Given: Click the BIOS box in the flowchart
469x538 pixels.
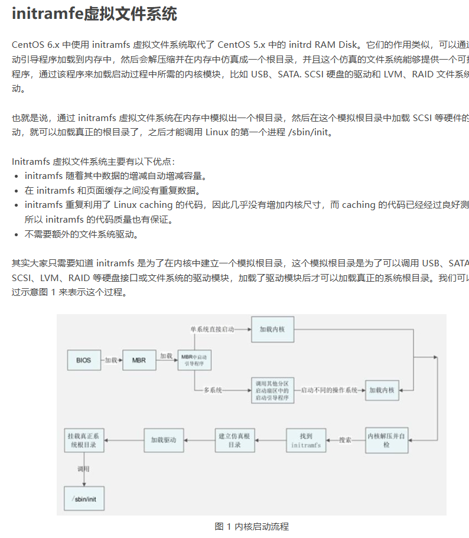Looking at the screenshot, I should click(x=84, y=360).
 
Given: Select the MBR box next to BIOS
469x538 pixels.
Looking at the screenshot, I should click(x=139, y=360).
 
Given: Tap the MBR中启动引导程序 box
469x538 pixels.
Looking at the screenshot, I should click(x=195, y=360).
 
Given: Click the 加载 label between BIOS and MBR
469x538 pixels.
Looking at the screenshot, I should click(x=112, y=360).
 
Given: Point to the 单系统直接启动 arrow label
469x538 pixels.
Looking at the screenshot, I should click(x=212, y=328).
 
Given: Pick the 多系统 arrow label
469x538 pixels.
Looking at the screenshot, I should click(x=213, y=390).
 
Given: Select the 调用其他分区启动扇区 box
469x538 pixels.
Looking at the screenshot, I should click(x=272, y=390).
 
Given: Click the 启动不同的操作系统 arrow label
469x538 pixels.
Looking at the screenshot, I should click(x=329, y=390).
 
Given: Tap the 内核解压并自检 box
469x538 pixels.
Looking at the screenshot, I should click(x=386, y=440).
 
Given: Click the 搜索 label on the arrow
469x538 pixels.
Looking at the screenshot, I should click(x=346, y=440).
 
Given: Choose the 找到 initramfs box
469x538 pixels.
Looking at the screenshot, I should click(x=306, y=441).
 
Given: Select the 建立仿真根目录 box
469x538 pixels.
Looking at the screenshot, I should click(x=234, y=441).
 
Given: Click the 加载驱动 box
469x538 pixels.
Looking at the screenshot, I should click(x=164, y=440).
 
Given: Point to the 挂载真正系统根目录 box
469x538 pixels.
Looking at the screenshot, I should click(x=85, y=441).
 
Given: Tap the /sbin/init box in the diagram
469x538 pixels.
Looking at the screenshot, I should click(x=84, y=498).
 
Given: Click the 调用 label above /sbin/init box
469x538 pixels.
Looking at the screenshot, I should click(x=84, y=469).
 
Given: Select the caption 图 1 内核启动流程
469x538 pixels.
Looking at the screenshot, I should click(x=252, y=526).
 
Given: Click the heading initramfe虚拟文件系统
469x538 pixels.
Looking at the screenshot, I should click(x=95, y=14).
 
